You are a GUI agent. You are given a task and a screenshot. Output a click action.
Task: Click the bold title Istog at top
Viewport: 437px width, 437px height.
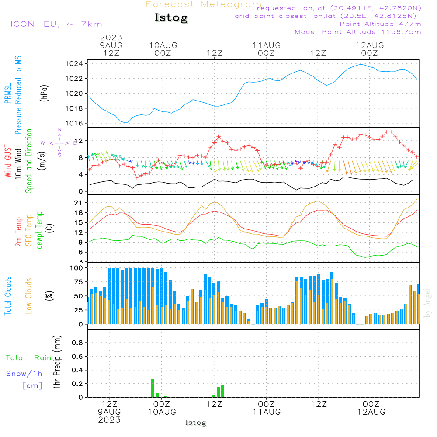(x=171, y=18)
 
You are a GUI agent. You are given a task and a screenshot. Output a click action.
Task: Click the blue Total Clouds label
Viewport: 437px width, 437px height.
(x=8, y=296)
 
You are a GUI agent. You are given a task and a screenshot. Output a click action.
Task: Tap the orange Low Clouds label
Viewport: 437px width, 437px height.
(x=29, y=296)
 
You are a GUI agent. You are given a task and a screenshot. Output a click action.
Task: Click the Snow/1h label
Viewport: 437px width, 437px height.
(x=24, y=374)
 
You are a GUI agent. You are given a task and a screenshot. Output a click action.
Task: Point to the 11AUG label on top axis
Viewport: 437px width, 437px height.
(x=266, y=45)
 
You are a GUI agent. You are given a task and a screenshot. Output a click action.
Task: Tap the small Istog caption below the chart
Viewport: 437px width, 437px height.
(x=195, y=423)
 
